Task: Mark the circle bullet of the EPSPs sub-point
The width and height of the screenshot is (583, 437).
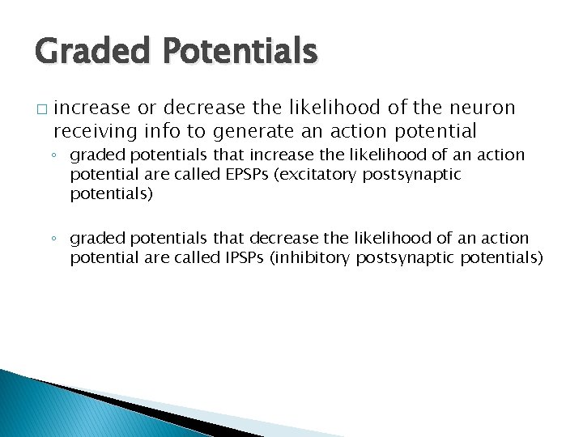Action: click(54, 155)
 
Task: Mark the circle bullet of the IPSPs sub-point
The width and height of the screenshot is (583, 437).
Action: click(54, 240)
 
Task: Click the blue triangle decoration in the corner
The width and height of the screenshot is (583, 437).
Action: click(49, 409)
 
